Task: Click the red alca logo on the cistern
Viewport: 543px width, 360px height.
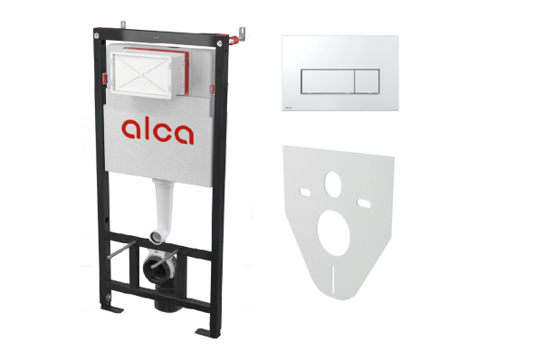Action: [157, 131]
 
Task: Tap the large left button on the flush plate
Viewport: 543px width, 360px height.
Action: [328, 81]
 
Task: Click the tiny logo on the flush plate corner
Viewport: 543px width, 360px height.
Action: [288, 108]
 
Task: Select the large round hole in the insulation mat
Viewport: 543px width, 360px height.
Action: [333, 232]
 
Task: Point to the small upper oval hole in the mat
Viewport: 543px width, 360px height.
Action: [333, 185]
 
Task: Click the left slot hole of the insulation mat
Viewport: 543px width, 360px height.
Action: [305, 192]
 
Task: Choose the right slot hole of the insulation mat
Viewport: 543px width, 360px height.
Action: [365, 204]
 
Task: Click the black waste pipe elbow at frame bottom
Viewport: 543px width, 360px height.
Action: [163, 280]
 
